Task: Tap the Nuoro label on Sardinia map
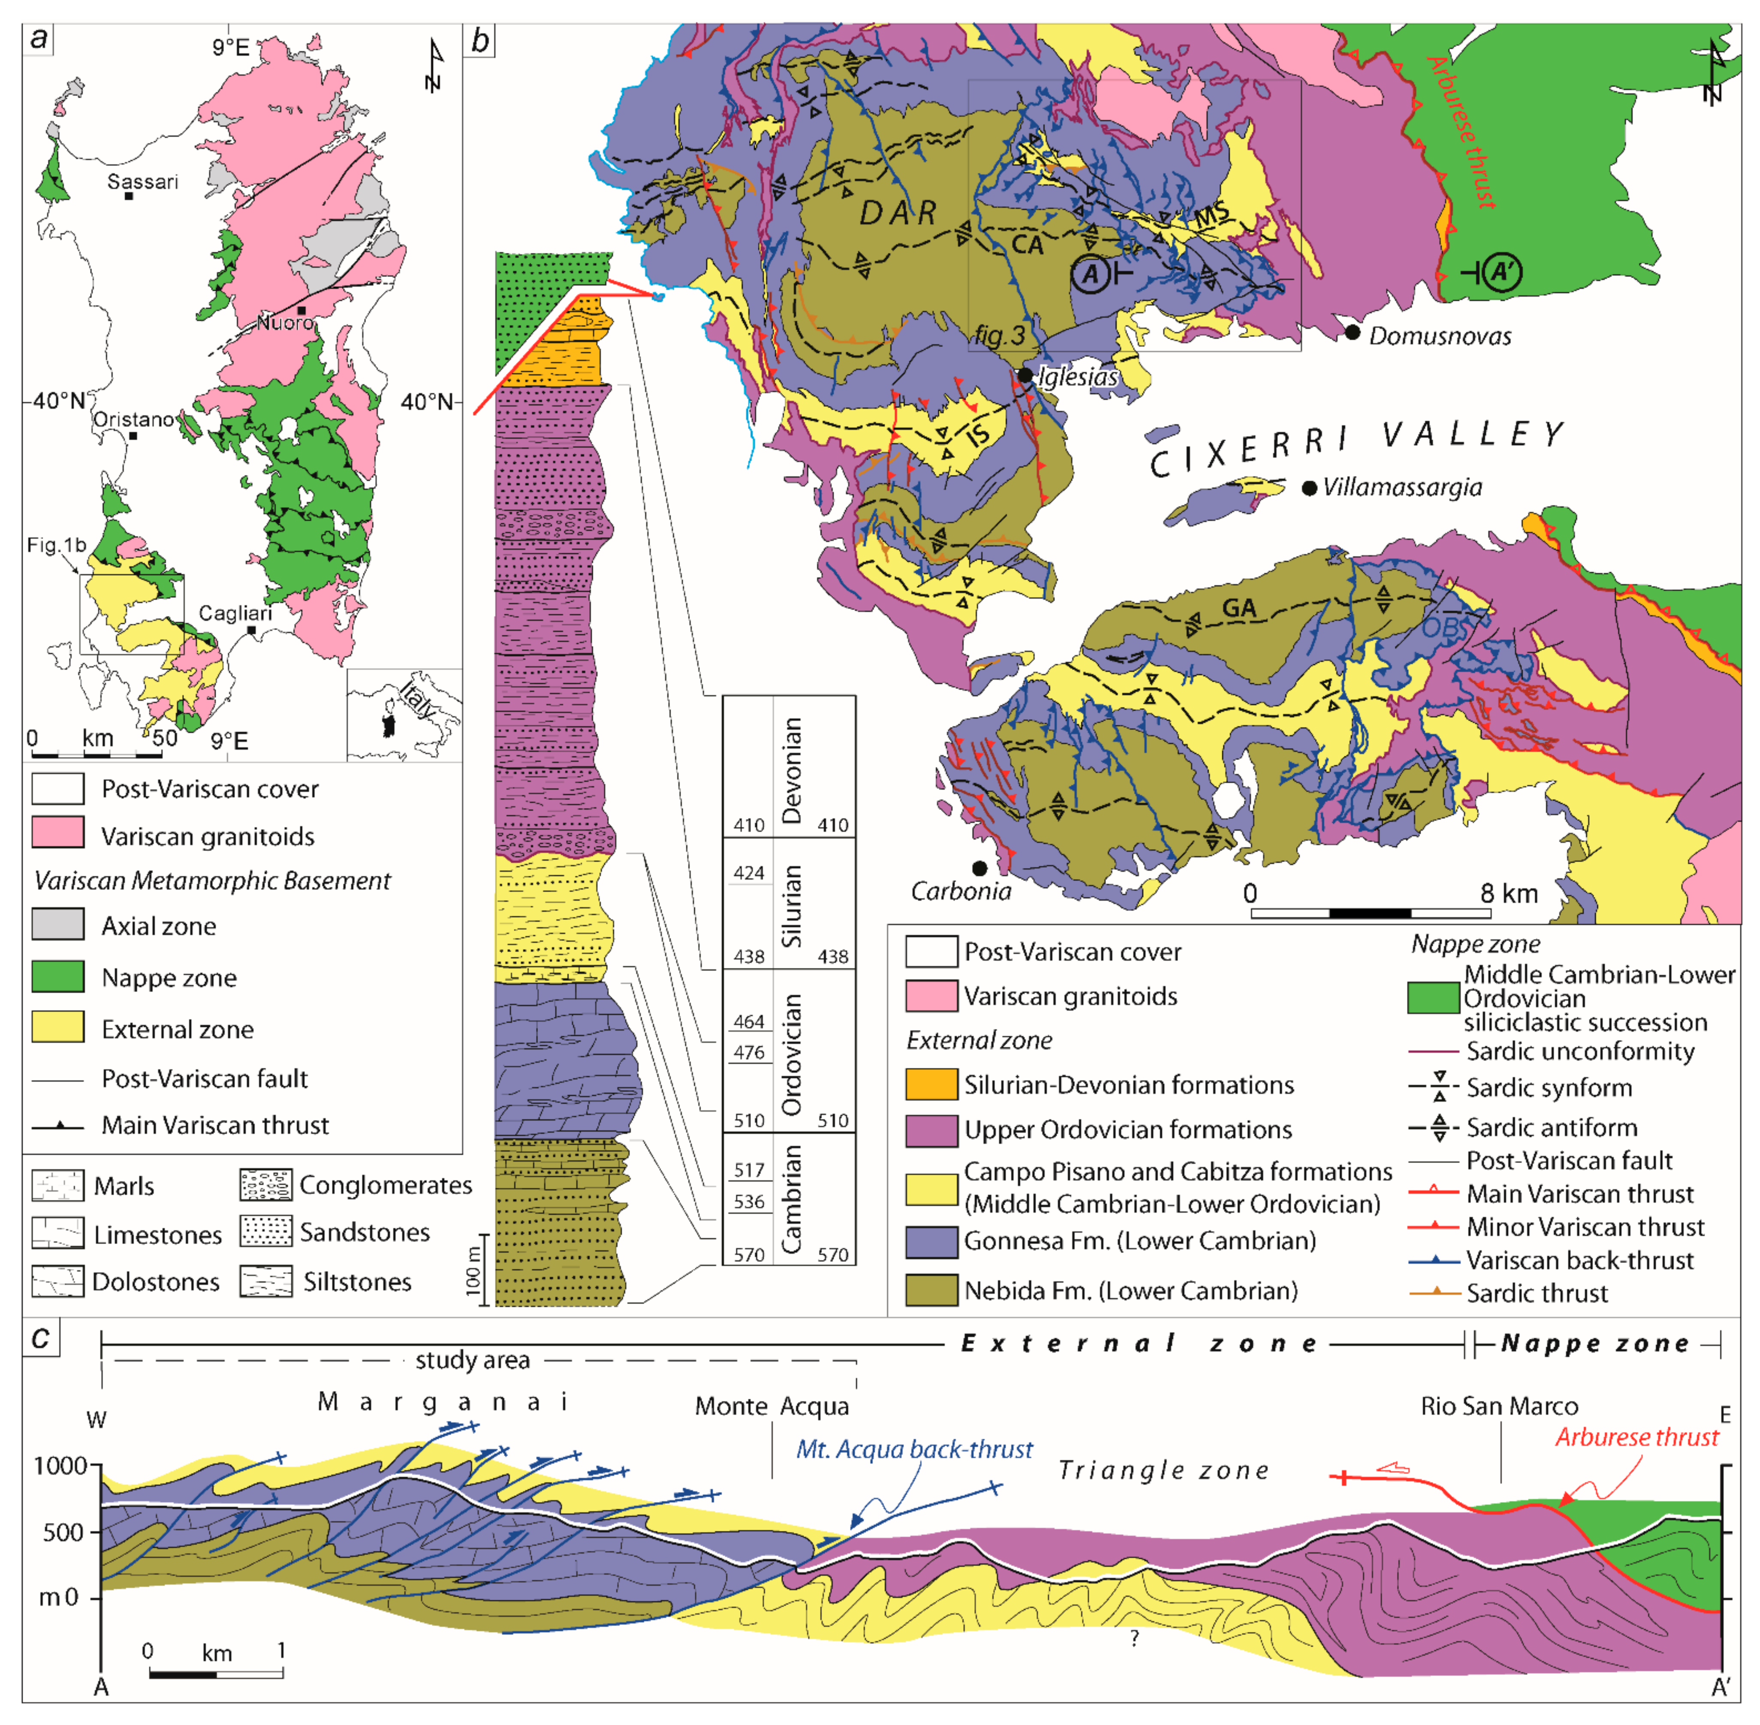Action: (285, 322)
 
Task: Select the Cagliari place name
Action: (235, 613)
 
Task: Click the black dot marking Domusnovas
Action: (1352, 333)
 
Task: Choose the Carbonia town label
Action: (961, 892)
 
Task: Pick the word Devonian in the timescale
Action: (791, 770)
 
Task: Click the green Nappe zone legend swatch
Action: (58, 977)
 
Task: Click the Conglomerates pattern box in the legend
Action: (265, 1185)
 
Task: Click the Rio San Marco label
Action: (1499, 1406)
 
